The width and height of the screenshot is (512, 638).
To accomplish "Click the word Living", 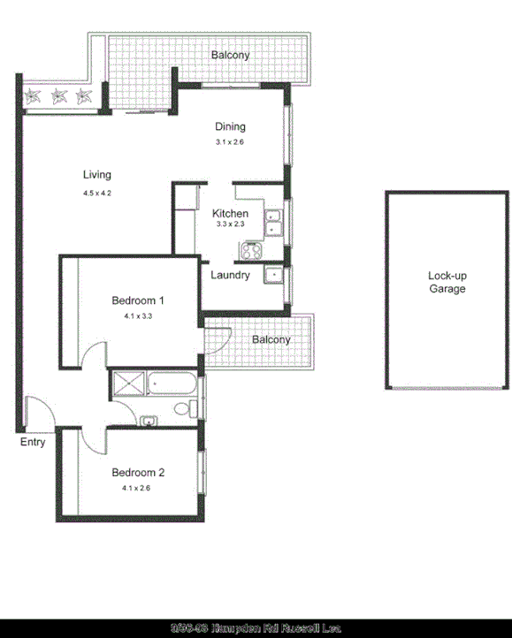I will [97, 174].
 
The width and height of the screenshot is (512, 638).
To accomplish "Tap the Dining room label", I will [230, 126].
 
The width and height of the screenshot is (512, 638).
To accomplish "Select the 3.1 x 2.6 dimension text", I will [229, 142].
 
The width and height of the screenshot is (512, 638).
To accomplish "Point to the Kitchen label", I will [230, 213].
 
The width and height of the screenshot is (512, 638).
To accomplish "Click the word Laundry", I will [230, 275].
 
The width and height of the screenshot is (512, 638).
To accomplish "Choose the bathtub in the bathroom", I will [172, 384].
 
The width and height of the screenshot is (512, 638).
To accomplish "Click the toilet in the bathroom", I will [185, 408].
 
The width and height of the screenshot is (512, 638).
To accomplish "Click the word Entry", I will [33, 442].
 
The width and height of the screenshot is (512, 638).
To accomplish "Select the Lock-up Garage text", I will [447, 282].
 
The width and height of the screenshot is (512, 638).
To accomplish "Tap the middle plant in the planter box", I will [59, 96].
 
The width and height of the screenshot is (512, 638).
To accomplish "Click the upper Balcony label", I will [230, 55].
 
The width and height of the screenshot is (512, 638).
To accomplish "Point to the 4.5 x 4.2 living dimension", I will [97, 192].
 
